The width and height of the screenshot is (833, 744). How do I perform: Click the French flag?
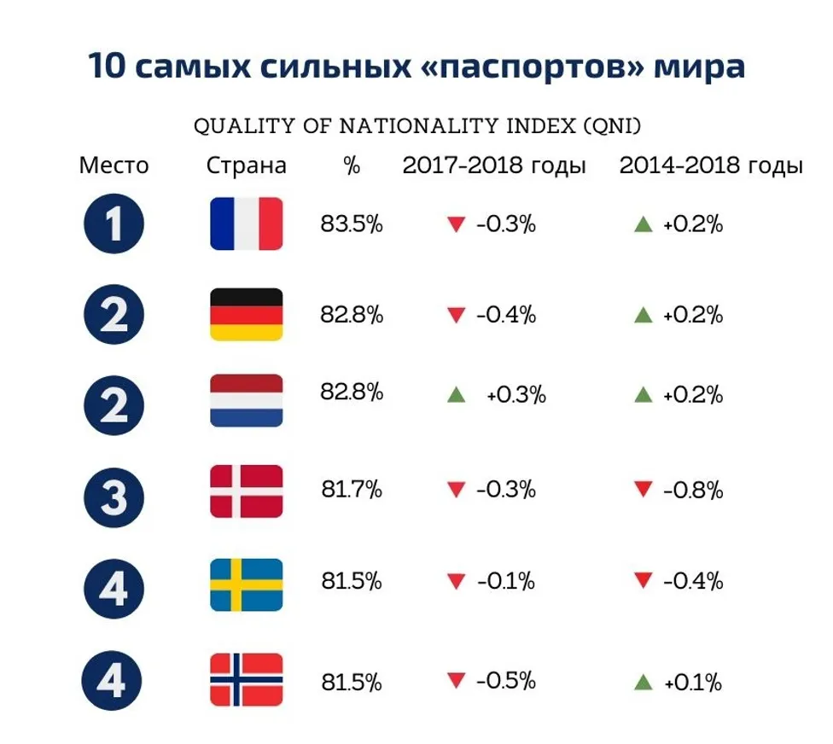click(x=246, y=224)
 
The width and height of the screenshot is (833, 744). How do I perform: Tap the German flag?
click(x=246, y=314)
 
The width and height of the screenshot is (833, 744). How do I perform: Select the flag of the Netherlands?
click(x=246, y=400)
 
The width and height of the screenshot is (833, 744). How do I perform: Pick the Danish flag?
click(x=246, y=491)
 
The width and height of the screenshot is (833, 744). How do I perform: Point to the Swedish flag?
click(x=246, y=584)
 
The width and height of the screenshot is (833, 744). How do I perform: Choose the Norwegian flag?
click(x=246, y=680)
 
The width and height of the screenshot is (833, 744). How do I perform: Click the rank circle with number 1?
click(x=114, y=224)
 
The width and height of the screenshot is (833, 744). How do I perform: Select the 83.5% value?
click(x=352, y=224)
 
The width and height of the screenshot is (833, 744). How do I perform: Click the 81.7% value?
click(x=352, y=490)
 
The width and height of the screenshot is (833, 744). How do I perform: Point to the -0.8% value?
click(x=692, y=491)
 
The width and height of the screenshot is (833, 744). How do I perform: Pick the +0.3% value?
click(x=516, y=396)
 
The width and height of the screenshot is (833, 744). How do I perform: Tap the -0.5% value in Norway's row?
click(x=505, y=681)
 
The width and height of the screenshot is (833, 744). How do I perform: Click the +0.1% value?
click(x=692, y=683)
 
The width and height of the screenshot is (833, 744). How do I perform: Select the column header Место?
click(x=114, y=166)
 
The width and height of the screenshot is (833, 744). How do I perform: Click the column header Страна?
click(x=246, y=166)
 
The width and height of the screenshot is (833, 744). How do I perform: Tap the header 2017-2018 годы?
click(x=494, y=166)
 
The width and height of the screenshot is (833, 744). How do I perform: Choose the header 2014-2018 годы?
click(x=711, y=166)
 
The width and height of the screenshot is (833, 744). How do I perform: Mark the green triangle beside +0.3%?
click(x=457, y=396)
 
